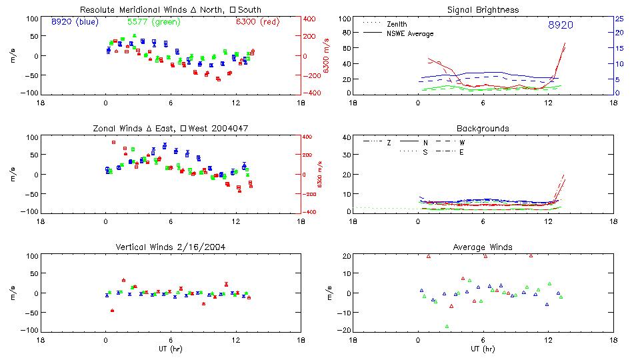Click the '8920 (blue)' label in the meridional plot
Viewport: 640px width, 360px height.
tap(75, 22)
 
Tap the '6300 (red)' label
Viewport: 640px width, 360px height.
tap(257, 22)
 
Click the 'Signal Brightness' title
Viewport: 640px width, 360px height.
tap(483, 10)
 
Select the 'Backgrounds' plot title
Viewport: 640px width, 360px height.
tap(483, 128)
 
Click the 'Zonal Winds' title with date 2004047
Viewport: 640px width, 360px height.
tap(170, 128)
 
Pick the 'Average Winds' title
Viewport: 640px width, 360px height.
tap(483, 247)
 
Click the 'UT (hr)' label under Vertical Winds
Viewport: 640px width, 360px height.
tap(170, 349)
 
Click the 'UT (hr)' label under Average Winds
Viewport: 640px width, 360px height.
tap(483, 349)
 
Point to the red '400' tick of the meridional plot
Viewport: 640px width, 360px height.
tap(311, 19)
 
